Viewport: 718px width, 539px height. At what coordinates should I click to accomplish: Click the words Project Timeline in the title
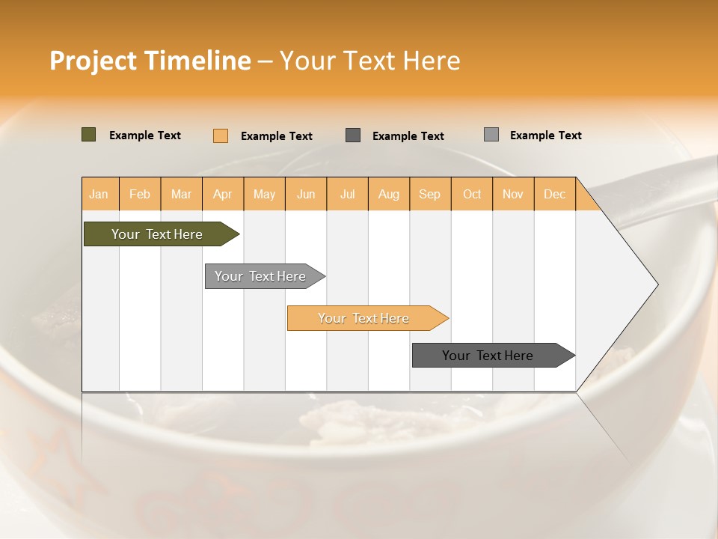point(150,61)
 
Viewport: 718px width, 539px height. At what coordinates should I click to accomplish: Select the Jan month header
point(99,194)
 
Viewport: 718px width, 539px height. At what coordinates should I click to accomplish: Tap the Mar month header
point(181,194)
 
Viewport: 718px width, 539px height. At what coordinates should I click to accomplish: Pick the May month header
point(264,194)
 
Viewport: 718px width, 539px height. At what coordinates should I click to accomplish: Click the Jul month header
point(347,194)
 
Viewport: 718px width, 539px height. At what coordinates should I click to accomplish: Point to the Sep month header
point(429,194)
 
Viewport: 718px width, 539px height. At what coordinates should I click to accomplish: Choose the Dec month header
point(554,194)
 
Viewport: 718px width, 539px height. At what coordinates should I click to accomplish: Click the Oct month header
point(472,194)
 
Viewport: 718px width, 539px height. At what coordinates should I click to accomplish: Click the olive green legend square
point(89,135)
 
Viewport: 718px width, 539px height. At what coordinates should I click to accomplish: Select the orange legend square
point(221,135)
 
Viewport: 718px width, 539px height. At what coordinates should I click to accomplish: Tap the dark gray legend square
point(353,135)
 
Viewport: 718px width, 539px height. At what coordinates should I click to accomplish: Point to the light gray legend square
point(491,135)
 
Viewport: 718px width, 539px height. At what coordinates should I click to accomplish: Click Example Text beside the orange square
point(277,136)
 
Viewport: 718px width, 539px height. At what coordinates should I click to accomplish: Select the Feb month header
point(140,194)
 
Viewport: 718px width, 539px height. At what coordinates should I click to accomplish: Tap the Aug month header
point(388,194)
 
